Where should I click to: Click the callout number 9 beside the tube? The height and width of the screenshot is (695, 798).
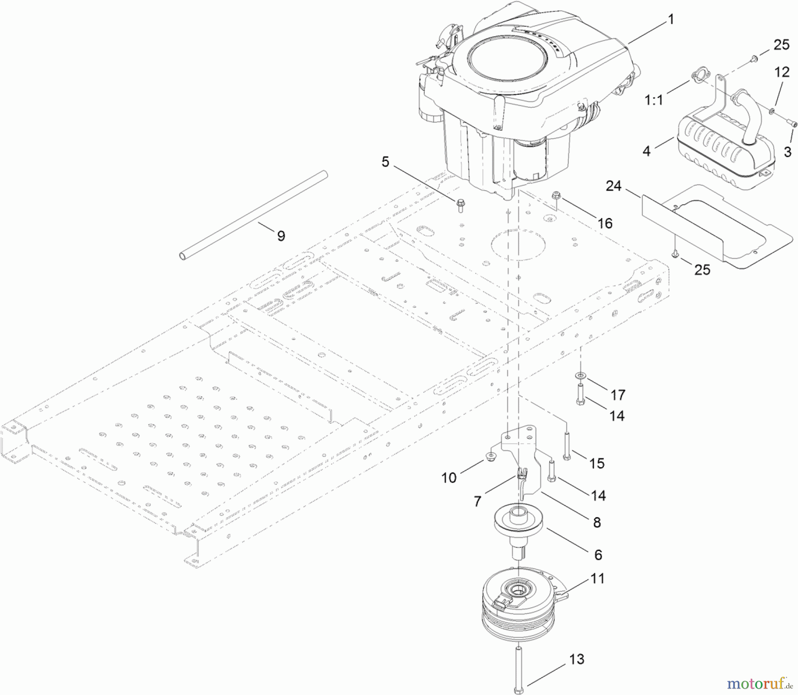281,236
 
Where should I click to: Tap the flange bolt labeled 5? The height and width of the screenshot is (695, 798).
461,205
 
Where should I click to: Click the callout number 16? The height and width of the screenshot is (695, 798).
605,223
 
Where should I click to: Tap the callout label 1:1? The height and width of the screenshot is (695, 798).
654,100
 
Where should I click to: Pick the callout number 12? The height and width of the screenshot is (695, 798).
782,72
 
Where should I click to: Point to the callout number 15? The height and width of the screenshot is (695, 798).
597,463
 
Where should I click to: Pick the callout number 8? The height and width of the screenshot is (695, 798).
597,523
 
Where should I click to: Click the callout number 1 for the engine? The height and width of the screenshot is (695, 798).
671,20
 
